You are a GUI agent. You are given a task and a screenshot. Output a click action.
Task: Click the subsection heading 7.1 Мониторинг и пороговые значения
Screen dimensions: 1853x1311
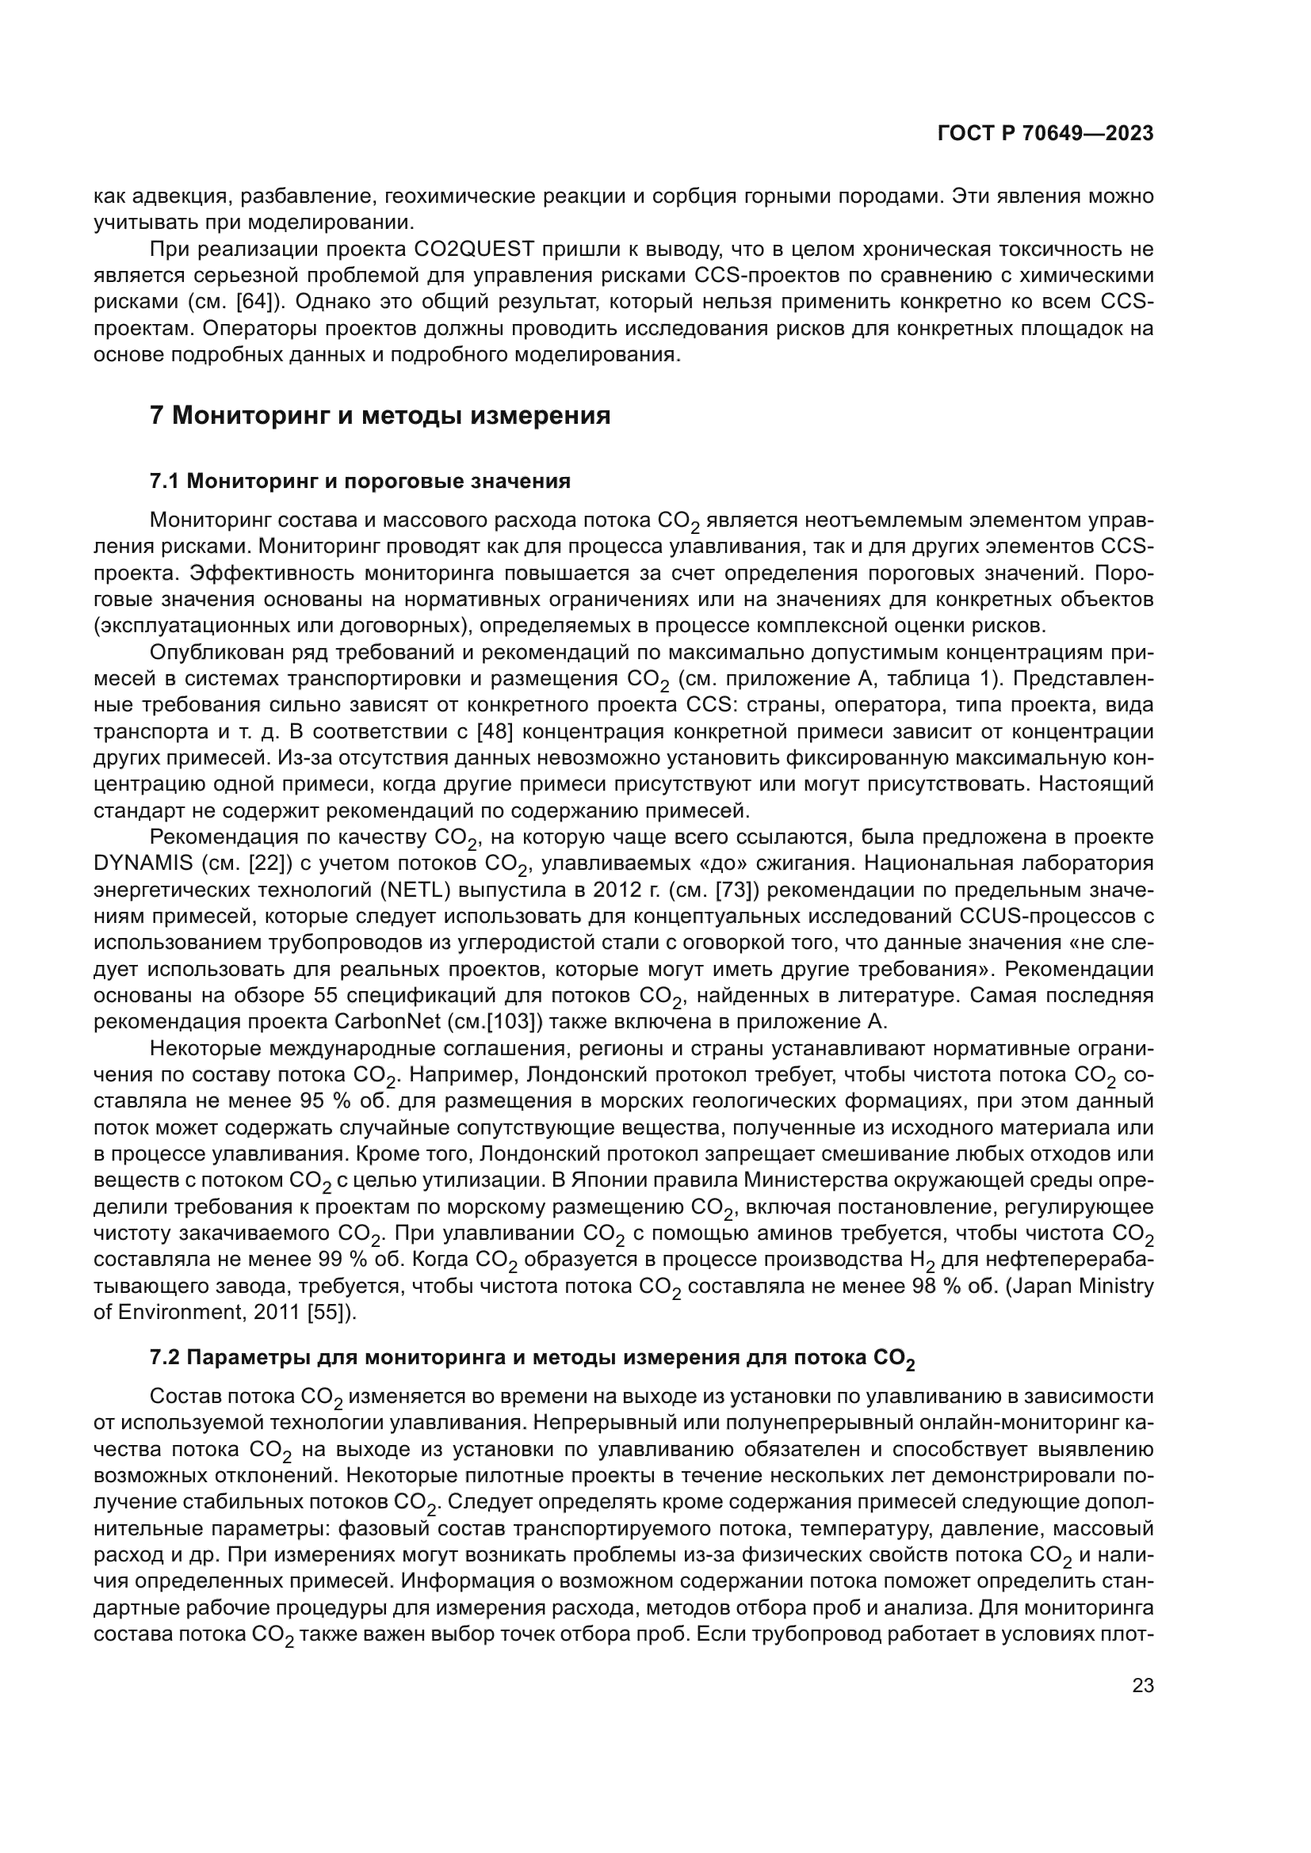tap(360, 482)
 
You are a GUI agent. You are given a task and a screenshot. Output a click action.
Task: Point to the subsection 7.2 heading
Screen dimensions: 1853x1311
tap(533, 1359)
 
